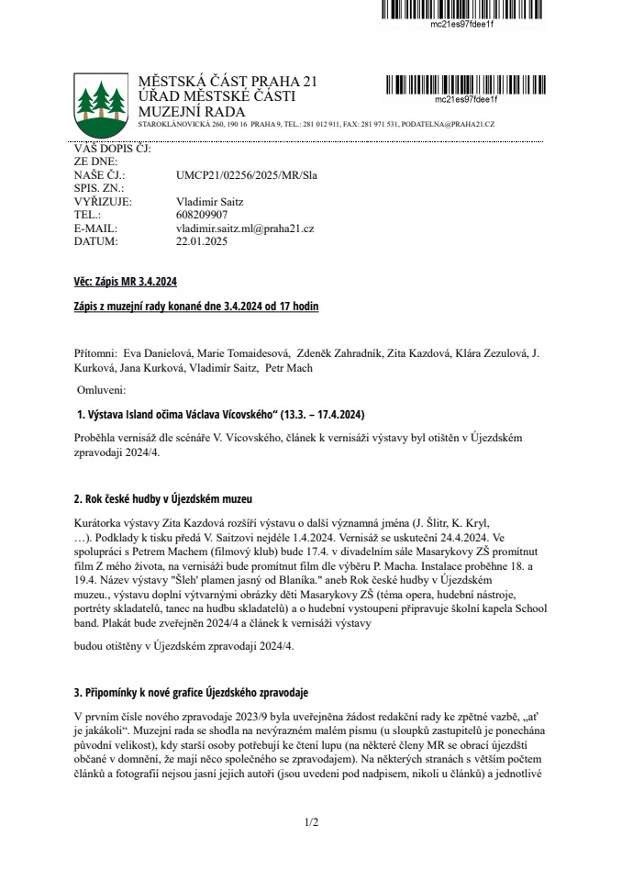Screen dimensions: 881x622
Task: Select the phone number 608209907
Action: pos(202,214)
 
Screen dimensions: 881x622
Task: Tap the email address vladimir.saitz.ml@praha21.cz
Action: pos(245,228)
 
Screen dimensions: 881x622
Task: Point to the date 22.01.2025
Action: pos(201,241)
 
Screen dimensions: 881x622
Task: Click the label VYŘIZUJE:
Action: pos(103,200)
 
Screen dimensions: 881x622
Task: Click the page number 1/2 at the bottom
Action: pos(311,821)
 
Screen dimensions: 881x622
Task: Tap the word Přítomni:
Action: pos(95,353)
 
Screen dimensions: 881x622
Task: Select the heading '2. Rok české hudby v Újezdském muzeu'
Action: pos(162,498)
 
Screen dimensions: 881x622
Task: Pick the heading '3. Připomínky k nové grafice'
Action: pos(191,691)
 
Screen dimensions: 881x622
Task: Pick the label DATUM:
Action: pos(96,241)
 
